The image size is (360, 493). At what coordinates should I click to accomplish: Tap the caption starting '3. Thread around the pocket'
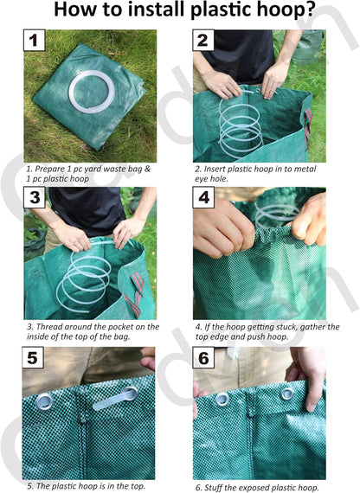92,331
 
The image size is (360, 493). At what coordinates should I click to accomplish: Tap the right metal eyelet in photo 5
130,394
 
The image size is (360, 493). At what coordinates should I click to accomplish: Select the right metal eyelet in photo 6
285,394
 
